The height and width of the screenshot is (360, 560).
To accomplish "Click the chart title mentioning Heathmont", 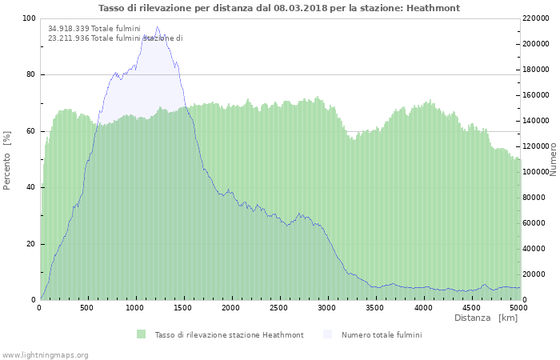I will pos(279,8).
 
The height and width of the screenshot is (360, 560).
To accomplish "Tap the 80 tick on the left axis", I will pos(30,75).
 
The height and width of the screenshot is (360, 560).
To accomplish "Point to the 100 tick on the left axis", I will pos(29,18).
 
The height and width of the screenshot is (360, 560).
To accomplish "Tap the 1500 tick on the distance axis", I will pos(183,308).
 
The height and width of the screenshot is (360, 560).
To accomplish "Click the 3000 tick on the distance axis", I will pos(327,308).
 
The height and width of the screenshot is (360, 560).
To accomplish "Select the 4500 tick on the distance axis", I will pos(470,308).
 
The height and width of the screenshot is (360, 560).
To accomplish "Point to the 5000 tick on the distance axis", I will pos(518,308).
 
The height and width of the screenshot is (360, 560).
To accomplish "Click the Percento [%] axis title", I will pos(8,160).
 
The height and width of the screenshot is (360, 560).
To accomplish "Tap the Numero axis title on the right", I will pos(553,160).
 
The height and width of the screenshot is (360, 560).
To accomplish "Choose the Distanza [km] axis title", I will pos(486,318).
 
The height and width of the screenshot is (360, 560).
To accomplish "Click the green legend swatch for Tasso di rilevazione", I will pos(141,334).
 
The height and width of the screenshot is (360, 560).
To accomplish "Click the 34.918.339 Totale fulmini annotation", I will pos(94,29).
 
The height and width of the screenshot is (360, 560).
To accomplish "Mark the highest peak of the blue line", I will pos(157,27).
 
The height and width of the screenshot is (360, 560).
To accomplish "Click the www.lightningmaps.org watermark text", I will pos(45,354).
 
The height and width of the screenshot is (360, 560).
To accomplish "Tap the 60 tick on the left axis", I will pos(30,131).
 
